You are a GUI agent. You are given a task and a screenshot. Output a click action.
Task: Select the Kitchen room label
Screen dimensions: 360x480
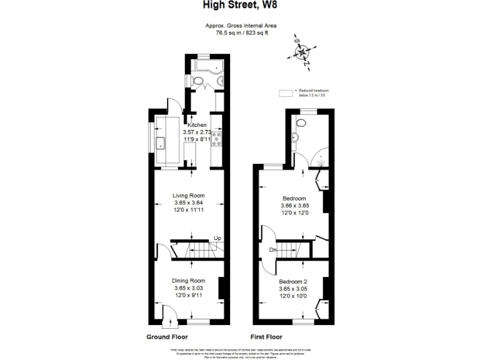(197, 125)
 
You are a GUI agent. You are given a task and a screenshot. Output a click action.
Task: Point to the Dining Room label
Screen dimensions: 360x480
(189, 281)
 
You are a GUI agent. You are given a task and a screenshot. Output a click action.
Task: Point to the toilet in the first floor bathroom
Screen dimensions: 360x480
(300, 124)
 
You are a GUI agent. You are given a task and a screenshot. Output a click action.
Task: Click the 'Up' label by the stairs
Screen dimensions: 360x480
(217, 238)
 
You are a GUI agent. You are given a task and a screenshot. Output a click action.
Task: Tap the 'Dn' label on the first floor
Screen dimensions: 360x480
(273, 249)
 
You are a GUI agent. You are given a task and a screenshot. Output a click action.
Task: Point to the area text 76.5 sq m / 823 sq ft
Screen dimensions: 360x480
(241, 32)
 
